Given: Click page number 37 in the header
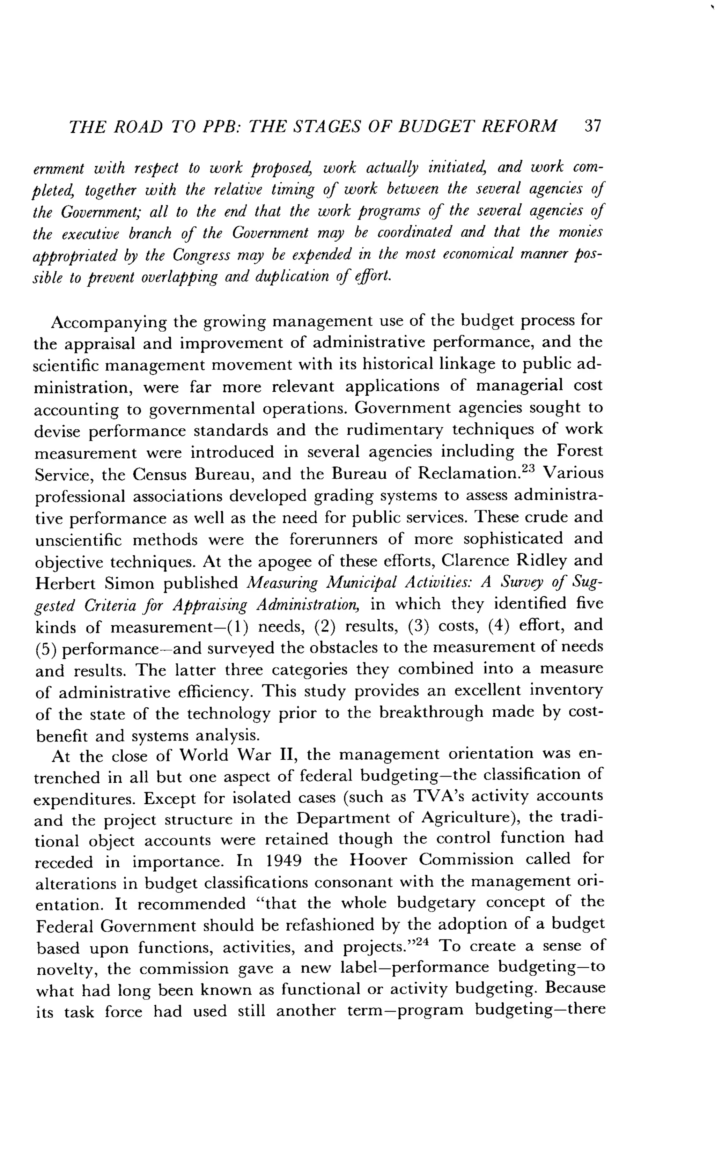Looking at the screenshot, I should point(592,126).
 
